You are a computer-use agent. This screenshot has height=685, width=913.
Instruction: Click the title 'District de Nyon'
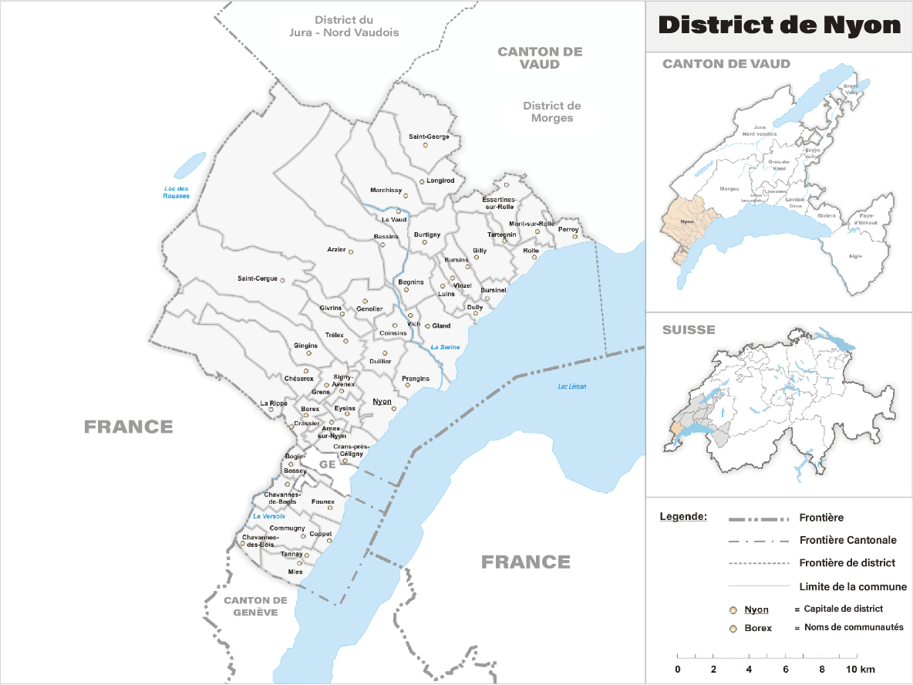779,25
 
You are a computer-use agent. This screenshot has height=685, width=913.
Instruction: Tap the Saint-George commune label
429,137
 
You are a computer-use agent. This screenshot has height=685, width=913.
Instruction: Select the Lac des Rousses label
176,193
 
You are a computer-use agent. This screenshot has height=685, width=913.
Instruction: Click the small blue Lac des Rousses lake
190,164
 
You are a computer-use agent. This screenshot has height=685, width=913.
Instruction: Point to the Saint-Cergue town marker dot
282,280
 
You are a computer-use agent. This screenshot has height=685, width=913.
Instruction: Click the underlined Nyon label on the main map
382,402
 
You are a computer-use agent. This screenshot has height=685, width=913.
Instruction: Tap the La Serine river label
445,347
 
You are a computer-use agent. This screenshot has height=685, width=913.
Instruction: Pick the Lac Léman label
572,386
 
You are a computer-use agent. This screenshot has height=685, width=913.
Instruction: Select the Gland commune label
441,326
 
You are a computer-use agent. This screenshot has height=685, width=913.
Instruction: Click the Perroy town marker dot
574,236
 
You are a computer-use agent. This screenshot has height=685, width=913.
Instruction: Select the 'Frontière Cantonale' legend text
848,540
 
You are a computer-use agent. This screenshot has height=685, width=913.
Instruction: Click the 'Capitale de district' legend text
844,609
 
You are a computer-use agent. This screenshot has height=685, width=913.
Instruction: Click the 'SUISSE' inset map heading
689,330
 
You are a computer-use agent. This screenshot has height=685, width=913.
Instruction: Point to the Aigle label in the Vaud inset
855,256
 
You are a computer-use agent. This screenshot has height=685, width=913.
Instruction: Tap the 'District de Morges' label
551,112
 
